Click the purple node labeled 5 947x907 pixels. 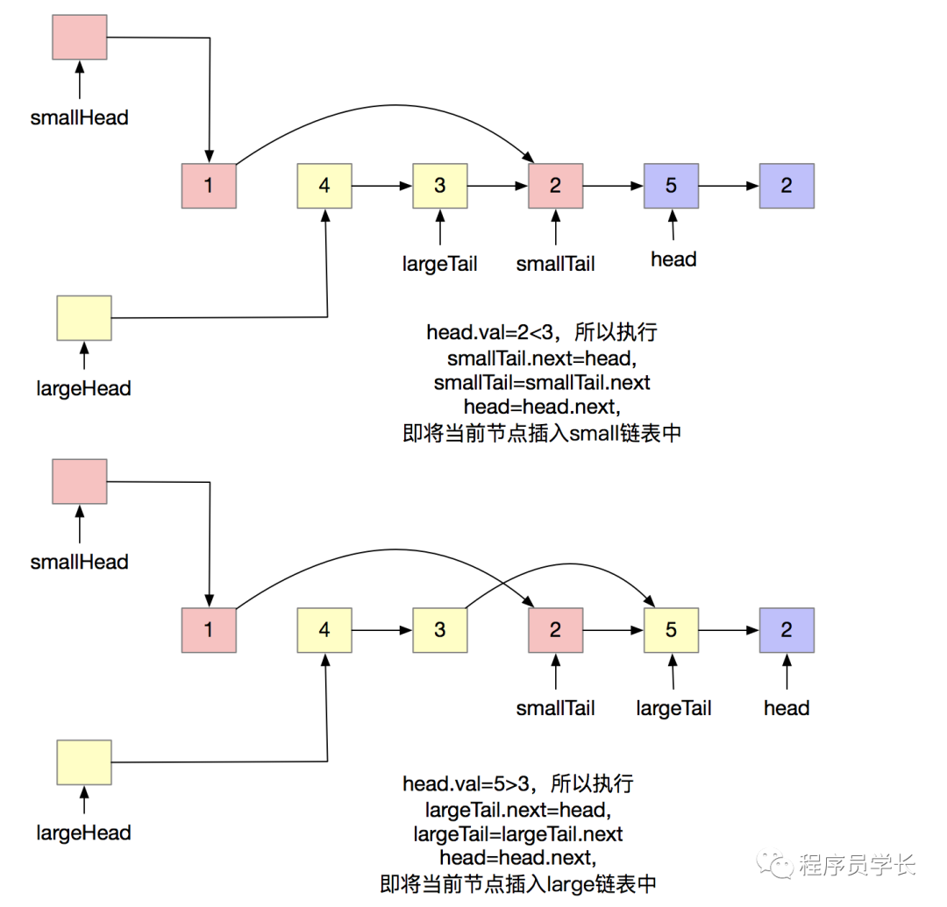(671, 186)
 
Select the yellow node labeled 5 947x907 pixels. (671, 630)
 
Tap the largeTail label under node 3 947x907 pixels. (440, 263)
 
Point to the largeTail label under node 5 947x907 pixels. (673, 707)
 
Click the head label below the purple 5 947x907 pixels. (673, 259)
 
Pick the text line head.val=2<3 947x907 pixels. (542, 333)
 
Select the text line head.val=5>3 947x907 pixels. (518, 783)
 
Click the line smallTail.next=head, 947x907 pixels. (541, 358)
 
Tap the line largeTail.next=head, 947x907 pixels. (517, 807)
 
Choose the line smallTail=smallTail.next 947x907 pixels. (542, 382)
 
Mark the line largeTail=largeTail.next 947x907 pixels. (518, 832)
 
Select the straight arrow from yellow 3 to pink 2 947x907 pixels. (498, 186)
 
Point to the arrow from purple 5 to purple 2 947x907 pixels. (729, 186)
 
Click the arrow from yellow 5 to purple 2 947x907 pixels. (729, 630)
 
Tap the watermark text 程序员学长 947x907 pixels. (858, 866)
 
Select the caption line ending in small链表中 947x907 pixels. (542, 433)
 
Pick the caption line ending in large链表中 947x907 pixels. (518, 882)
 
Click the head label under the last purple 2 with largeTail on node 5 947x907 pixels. (787, 707)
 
